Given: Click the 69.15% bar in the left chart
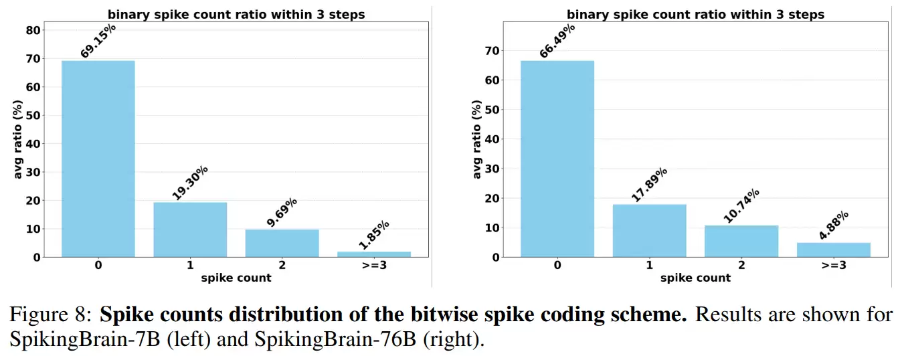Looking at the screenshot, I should (98, 159).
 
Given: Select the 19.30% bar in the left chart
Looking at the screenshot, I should (190, 230).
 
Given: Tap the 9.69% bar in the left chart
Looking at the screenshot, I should (282, 243).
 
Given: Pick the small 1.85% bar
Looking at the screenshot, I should (373, 254).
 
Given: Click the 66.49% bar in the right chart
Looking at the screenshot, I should (557, 159).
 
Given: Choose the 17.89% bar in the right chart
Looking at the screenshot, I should (649, 230).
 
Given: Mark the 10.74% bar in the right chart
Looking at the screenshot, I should (741, 241).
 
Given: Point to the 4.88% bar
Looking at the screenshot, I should (833, 250).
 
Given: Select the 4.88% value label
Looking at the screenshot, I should (834, 225).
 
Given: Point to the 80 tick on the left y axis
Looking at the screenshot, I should (33, 30).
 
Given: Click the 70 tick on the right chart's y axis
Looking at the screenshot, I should (493, 50).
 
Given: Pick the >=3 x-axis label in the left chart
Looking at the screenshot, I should (373, 266).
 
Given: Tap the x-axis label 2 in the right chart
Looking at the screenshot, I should (741, 266).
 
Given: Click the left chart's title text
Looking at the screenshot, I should (236, 14).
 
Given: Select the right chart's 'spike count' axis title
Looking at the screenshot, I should (695, 278).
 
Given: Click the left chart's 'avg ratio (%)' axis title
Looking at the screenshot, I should (19, 143).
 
